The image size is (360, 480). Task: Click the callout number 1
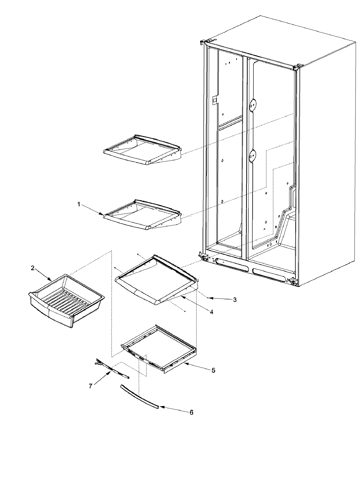coord(79,204)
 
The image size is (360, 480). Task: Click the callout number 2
coord(32,268)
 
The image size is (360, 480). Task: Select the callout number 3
coord(235,299)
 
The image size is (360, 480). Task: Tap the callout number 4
coord(211,312)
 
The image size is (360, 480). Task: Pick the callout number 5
coord(213,370)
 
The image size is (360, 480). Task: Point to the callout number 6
coord(191,412)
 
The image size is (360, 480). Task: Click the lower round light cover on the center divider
coord(253,155)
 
